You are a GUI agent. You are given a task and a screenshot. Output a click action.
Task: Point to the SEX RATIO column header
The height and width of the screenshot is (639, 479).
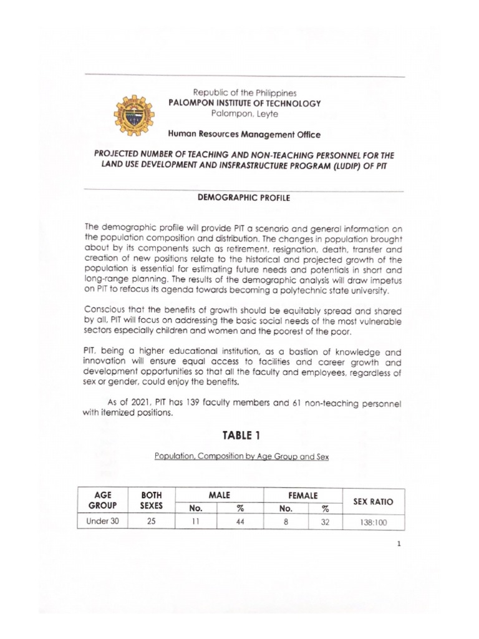click(x=373, y=501)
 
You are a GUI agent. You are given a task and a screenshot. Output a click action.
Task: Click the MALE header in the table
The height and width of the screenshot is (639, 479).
click(x=220, y=494)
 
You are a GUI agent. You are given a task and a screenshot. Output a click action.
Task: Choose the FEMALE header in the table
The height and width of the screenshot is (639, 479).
click(x=302, y=494)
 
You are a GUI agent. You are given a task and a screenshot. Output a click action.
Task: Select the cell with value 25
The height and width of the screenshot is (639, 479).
click(x=152, y=522)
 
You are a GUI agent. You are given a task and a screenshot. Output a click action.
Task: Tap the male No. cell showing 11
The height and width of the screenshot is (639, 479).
click(x=195, y=522)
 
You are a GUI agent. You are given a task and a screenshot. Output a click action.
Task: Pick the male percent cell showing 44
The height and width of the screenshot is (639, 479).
click(x=240, y=522)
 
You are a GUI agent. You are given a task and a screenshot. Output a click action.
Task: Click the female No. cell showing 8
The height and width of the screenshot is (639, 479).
click(x=285, y=522)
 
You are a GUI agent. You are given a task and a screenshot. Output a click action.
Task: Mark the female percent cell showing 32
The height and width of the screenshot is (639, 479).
click(x=325, y=522)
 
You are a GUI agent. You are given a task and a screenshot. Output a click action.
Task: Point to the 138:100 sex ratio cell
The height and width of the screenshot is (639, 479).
click(x=373, y=522)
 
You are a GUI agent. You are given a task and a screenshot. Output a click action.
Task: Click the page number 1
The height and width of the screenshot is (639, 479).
click(x=399, y=544)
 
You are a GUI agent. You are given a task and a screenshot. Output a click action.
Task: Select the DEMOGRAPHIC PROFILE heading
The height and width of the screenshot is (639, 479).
click(x=243, y=197)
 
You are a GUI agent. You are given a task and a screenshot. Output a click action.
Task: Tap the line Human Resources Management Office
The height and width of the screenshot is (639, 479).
click(x=244, y=134)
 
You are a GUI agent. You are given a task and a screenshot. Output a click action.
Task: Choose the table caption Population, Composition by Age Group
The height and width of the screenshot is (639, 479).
click(x=241, y=456)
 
